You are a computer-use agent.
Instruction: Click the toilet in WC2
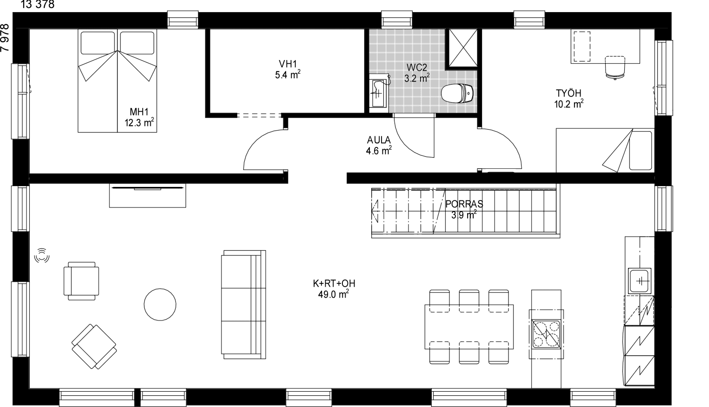(x=457, y=93)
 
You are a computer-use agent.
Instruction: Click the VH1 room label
(x=288, y=69)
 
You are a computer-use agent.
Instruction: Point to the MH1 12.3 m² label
(x=139, y=117)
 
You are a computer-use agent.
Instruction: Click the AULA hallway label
(x=379, y=145)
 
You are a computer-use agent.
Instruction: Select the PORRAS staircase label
(x=464, y=209)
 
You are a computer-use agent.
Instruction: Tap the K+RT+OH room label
(x=334, y=289)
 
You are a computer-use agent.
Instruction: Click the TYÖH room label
(x=569, y=99)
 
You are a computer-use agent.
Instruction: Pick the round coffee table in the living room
(x=160, y=305)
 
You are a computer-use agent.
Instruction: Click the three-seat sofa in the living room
(x=243, y=305)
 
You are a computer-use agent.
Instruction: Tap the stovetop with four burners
(x=546, y=334)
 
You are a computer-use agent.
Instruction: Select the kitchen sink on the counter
(x=639, y=281)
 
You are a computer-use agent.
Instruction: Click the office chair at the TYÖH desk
(x=615, y=67)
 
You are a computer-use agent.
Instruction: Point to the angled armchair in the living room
(x=94, y=346)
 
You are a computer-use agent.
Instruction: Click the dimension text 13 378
(x=37, y=5)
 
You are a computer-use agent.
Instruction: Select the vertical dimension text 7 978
(x=5, y=38)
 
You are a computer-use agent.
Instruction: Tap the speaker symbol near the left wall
(x=42, y=255)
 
